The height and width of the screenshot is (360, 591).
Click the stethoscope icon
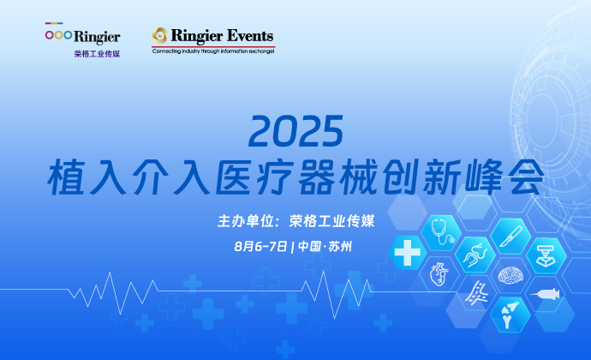pyautogui.click(x=442, y=231)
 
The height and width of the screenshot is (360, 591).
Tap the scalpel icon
pyautogui.click(x=510, y=237)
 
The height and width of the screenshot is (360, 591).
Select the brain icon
pyautogui.click(x=510, y=275)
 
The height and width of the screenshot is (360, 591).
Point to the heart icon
pyautogui.click(x=439, y=274)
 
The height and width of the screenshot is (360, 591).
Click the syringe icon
pyautogui.click(x=545, y=294)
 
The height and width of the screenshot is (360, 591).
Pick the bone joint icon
pyautogui.click(x=510, y=315)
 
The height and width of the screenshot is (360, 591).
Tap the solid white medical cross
pyautogui.click(x=408, y=253)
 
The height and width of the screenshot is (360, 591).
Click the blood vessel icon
pyautogui.click(x=477, y=292)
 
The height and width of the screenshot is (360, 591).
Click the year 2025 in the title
pyautogui.click(x=295, y=131)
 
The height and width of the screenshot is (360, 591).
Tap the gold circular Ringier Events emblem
pyautogui.click(x=160, y=35)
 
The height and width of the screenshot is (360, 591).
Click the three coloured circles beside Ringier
pyautogui.click(x=58, y=35)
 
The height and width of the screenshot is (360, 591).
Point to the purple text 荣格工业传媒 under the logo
pyautogui.click(x=97, y=54)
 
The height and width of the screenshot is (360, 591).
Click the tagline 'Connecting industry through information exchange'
pyautogui.click(x=213, y=51)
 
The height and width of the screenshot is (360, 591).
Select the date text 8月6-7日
pyautogui.click(x=260, y=246)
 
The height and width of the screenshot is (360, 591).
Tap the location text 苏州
pyautogui.click(x=340, y=246)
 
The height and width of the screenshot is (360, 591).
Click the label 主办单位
pyautogui.click(x=245, y=221)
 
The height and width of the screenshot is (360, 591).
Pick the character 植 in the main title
pyautogui.click(x=66, y=177)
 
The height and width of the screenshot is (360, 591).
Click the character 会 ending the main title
pyautogui.click(x=525, y=177)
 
